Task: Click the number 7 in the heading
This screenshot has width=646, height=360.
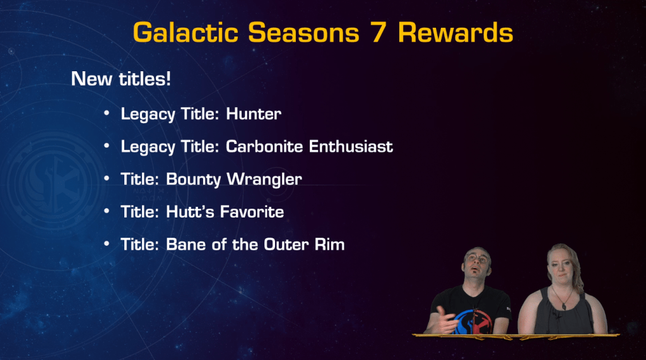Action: click(x=379, y=33)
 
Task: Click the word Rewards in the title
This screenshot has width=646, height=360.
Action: click(x=455, y=33)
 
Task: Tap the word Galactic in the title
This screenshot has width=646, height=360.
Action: click(x=186, y=33)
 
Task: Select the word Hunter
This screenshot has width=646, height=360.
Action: click(x=254, y=113)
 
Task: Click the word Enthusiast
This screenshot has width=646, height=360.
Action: click(x=351, y=146)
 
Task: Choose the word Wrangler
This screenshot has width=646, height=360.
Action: click(x=264, y=180)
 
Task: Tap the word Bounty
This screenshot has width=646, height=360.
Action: click(x=194, y=180)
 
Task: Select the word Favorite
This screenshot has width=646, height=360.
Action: click(x=252, y=212)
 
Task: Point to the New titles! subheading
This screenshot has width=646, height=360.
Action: click(x=120, y=79)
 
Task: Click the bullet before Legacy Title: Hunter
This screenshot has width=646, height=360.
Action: click(x=107, y=112)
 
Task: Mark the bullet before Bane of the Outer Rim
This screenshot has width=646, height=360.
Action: click(x=107, y=243)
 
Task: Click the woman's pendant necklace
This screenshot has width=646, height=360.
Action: click(x=563, y=305)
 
